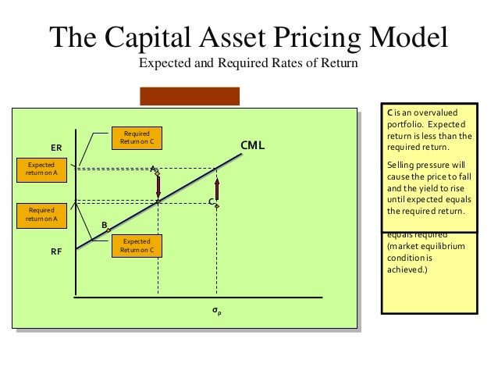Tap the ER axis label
56,147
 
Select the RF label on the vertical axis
56,252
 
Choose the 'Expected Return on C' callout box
136,246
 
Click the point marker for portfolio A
157,172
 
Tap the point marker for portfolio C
217,206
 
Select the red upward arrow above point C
217,190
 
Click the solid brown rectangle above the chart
190,95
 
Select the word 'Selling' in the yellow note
403,165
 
